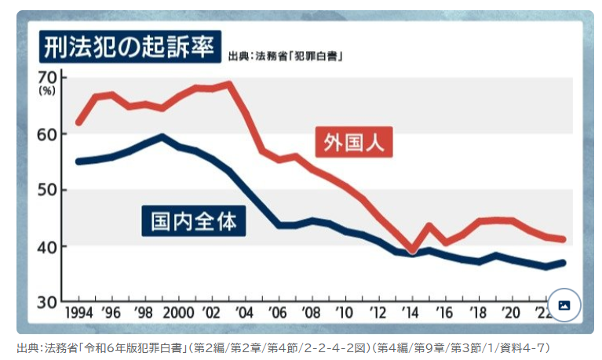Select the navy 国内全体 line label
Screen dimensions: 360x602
(194, 221)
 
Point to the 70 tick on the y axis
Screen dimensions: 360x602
(47, 78)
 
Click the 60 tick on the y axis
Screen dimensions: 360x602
(47, 134)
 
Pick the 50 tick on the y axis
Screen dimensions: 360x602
(47, 190)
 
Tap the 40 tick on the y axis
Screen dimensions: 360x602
(47, 246)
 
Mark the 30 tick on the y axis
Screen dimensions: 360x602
(47, 302)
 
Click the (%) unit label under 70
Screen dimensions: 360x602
(47, 92)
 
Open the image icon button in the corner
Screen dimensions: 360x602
(564, 305)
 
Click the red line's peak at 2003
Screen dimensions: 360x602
(228, 83)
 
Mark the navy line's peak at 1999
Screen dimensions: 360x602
(162, 136)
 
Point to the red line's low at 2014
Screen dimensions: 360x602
(413, 252)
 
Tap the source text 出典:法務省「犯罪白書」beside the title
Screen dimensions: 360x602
(286, 56)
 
